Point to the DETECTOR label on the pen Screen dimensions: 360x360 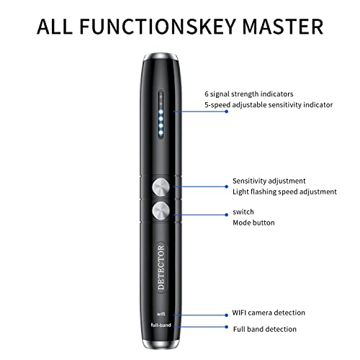click(x=161, y=268)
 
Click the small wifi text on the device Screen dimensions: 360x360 click(x=161, y=314)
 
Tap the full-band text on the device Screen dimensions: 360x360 click(x=161, y=328)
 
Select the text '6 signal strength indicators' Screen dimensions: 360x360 click(x=248, y=94)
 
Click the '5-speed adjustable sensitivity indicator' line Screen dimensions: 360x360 click(x=268, y=105)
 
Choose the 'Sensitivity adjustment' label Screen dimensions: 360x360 click(x=269, y=181)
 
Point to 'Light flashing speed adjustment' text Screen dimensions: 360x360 click(x=284, y=192)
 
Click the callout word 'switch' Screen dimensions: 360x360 click(x=243, y=212)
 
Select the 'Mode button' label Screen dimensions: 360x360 click(x=253, y=223)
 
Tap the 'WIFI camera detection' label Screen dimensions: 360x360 click(x=269, y=313)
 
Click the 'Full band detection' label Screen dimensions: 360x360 click(x=264, y=329)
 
